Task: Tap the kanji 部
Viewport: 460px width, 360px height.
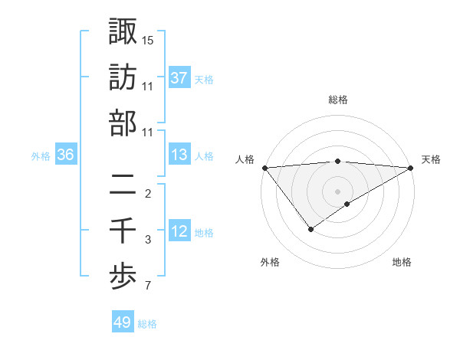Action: [x=123, y=123]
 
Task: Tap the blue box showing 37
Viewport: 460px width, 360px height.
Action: [x=179, y=77]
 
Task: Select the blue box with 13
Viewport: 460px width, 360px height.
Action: [x=179, y=155]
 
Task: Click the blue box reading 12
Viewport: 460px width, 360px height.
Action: [x=179, y=231]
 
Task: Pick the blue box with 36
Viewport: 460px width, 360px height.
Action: [x=65, y=155]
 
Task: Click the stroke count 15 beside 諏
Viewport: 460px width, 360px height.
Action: [x=148, y=40]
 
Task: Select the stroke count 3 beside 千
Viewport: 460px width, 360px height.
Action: [x=148, y=241]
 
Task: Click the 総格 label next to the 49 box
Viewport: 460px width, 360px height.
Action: [x=148, y=324]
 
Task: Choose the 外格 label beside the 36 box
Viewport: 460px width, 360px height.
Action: [x=41, y=156]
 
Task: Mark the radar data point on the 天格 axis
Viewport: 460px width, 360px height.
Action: [x=411, y=168]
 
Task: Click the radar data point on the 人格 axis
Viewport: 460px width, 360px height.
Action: [x=264, y=168]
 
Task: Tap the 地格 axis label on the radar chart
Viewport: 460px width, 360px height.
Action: [x=402, y=263]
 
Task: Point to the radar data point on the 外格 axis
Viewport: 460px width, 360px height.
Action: [x=310, y=229]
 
